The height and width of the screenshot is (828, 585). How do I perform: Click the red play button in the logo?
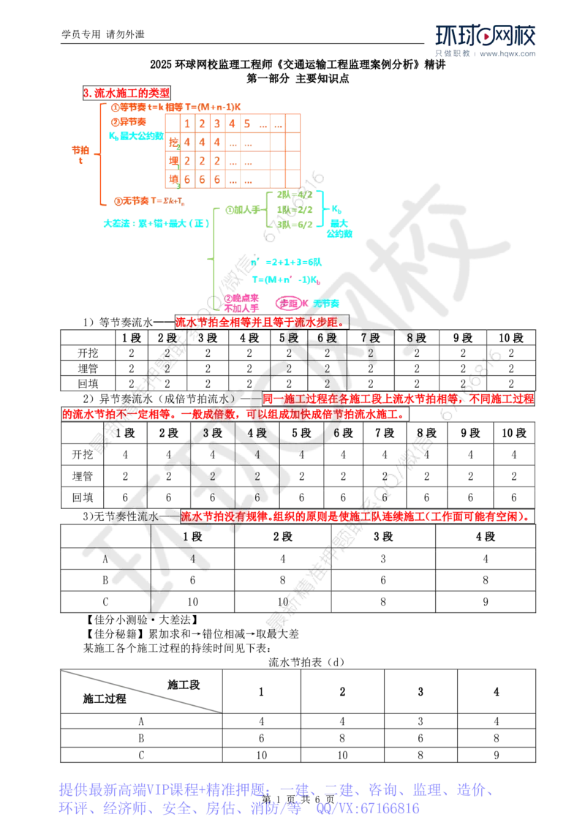(x=484, y=37)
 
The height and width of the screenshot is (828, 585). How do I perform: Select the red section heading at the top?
(x=127, y=93)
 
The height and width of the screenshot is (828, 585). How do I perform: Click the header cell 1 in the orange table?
(x=187, y=123)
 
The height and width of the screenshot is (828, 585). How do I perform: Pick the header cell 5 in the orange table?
(x=247, y=123)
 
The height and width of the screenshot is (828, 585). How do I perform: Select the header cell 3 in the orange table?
(x=216, y=123)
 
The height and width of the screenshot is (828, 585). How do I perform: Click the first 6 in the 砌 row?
(x=187, y=179)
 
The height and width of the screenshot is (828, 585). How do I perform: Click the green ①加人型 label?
(x=239, y=210)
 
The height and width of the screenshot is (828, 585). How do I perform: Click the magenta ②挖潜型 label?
(x=242, y=301)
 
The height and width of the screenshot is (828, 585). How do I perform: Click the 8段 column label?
(x=413, y=338)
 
